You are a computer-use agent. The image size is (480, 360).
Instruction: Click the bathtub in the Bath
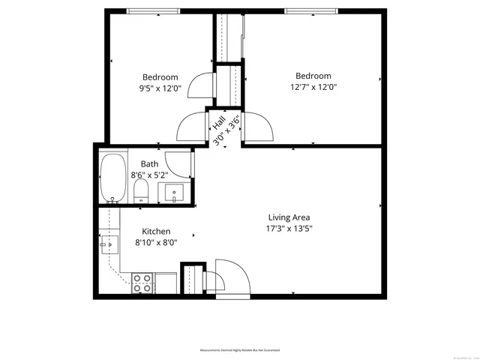(114, 178)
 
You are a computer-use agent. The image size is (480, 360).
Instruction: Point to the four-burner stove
(142, 283)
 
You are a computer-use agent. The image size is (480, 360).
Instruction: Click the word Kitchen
(152, 232)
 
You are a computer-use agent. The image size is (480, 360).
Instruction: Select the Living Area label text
(289, 217)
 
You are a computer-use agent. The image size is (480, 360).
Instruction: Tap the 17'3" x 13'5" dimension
(289, 229)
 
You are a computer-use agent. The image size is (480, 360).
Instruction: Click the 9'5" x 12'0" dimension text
(160, 88)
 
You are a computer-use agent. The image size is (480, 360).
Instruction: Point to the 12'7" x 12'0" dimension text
(313, 86)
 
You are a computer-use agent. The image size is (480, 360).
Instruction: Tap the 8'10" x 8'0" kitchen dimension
(156, 243)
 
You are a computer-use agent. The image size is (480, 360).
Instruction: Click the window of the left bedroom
(153, 10)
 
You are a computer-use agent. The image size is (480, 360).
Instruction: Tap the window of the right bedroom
(310, 10)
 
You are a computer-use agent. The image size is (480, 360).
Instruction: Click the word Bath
(149, 164)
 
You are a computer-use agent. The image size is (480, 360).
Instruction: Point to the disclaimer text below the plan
(240, 350)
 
